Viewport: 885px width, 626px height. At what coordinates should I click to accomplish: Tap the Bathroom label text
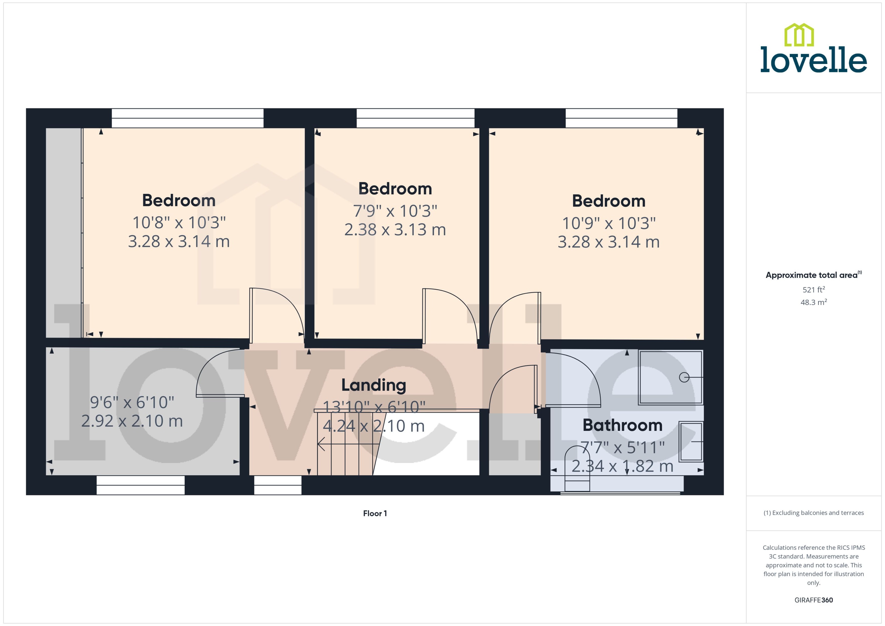coord(622,425)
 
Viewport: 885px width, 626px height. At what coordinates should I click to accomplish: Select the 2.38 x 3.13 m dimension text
coord(395,230)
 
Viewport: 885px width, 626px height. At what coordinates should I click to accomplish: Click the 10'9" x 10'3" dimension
coord(609,223)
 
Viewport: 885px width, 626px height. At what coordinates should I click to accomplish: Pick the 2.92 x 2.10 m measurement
coord(132,421)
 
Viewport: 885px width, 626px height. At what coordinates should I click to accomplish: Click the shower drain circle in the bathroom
coord(684,377)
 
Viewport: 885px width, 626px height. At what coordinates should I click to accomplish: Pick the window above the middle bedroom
coord(415,118)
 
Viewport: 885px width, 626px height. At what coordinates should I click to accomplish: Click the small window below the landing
coord(278,485)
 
